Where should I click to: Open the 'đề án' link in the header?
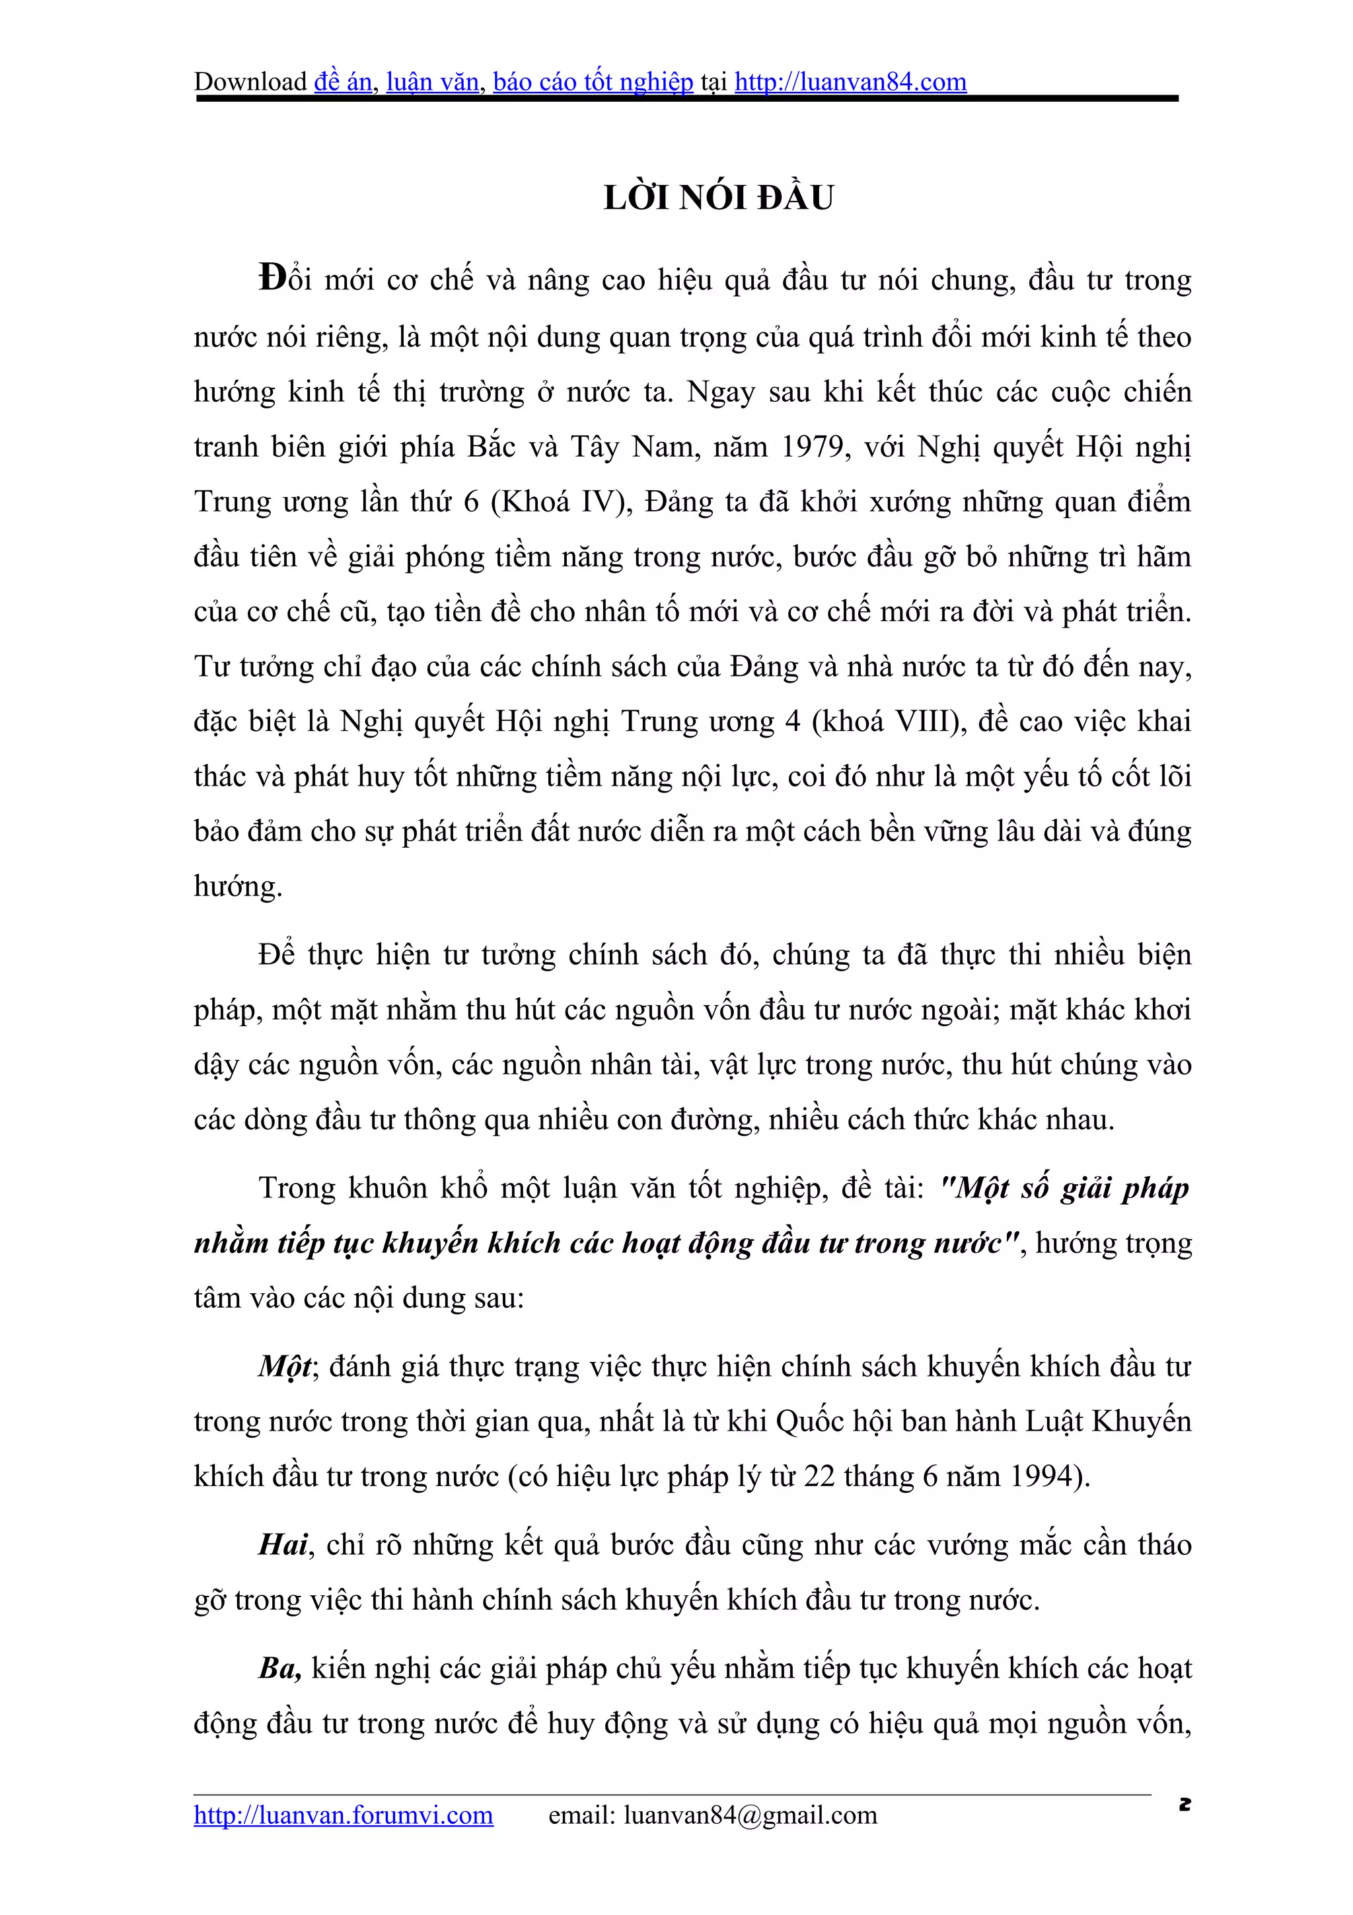click(343, 82)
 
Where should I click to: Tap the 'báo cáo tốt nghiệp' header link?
click(593, 82)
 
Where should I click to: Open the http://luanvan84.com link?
click(850, 82)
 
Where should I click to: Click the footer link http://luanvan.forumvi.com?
click(344, 1815)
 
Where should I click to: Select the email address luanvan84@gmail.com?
click(750, 1815)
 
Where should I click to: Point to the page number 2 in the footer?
click(1185, 1804)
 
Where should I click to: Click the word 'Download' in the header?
click(250, 82)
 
